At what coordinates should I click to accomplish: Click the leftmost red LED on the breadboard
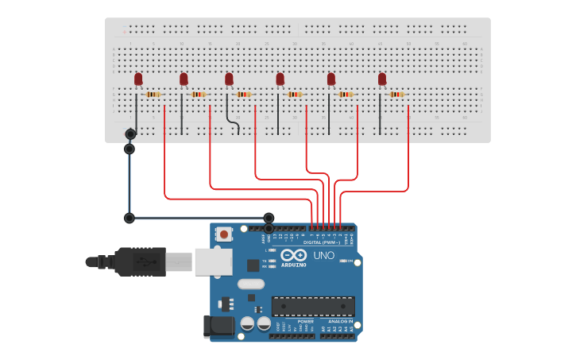pos(138,79)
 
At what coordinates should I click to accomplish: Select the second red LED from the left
pos(184,79)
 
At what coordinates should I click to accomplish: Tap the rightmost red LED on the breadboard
pos(382,79)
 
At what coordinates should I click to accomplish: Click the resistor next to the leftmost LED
pos(153,95)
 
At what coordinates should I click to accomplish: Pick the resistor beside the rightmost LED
pos(396,95)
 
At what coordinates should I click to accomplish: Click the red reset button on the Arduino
pos(225,234)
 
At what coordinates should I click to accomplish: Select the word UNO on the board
pos(324,256)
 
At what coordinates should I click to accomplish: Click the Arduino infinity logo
pos(293,255)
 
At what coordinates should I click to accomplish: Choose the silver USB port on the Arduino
pos(213,261)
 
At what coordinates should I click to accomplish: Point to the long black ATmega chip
pos(313,306)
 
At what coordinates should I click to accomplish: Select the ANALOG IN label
pos(340,321)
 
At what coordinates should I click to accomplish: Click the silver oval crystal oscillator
pos(250,284)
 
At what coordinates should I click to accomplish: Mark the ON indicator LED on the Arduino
pos(342,260)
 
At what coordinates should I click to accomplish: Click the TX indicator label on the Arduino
pos(265,260)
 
